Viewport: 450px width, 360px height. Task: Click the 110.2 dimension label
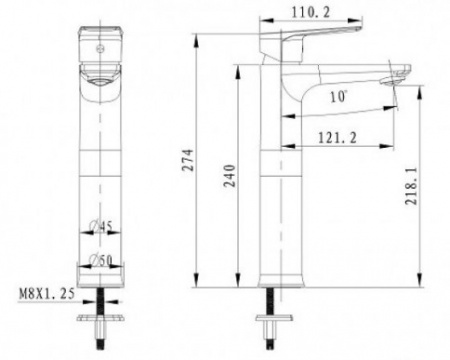coord(311,12)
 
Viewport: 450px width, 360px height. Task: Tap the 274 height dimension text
coord(188,160)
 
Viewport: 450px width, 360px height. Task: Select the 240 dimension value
coord(229,175)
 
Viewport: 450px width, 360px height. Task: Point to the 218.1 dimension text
coord(411,185)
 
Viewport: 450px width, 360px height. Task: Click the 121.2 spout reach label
coord(337,137)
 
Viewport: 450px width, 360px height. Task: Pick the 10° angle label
coord(338,97)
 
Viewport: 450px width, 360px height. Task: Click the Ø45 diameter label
coord(101,227)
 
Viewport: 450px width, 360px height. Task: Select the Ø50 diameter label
coord(101,260)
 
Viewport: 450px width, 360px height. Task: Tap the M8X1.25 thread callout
coord(47,294)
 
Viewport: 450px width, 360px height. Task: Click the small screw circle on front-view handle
coord(100,49)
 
